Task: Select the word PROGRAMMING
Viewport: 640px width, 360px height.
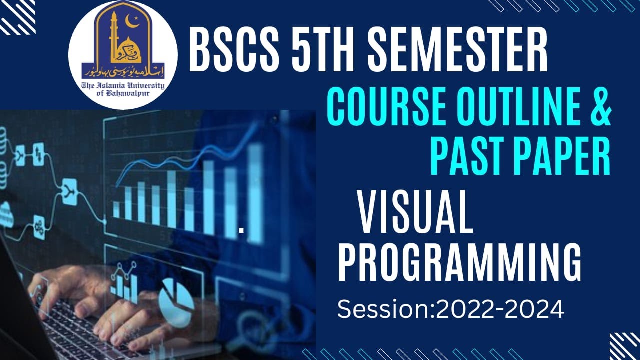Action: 460,262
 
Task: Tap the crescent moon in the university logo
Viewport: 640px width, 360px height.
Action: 133,23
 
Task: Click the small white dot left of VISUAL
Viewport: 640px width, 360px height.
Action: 241,230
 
